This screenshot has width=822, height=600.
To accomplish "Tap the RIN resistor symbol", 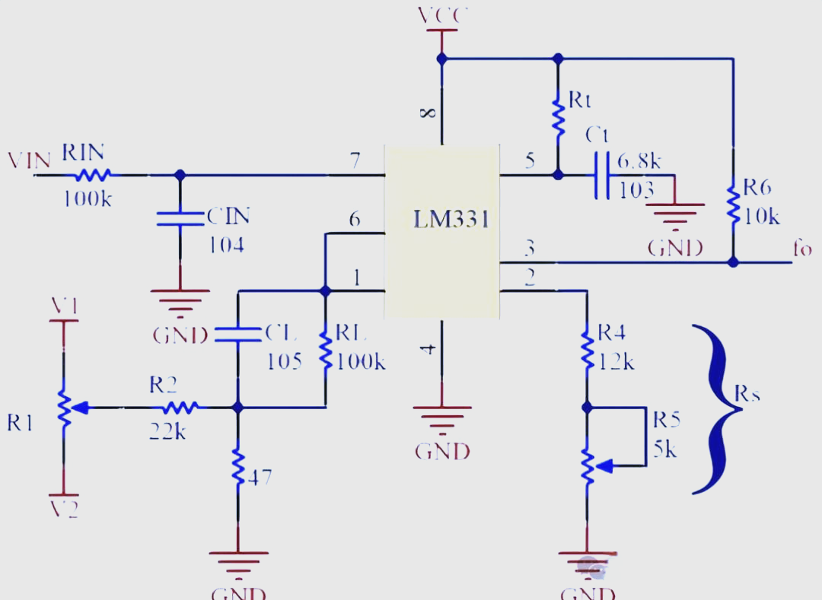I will click(93, 175).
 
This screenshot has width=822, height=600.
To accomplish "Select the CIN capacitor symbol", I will click(180, 218).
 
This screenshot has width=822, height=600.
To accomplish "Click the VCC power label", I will click(442, 15).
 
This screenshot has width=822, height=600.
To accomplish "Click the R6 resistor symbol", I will click(733, 202).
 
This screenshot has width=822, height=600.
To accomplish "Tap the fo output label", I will click(802, 249).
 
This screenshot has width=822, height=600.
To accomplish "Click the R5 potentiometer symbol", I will click(588, 465).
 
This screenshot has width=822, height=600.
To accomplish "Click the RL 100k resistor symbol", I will click(326, 351).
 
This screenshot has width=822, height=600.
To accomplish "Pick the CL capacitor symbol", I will click(237, 334).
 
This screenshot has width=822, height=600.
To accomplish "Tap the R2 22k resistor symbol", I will click(180, 408).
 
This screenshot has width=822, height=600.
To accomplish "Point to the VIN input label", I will click(29, 160).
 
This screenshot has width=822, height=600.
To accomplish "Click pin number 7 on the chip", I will click(355, 160).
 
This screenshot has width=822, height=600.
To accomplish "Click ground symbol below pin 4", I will click(441, 418).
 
